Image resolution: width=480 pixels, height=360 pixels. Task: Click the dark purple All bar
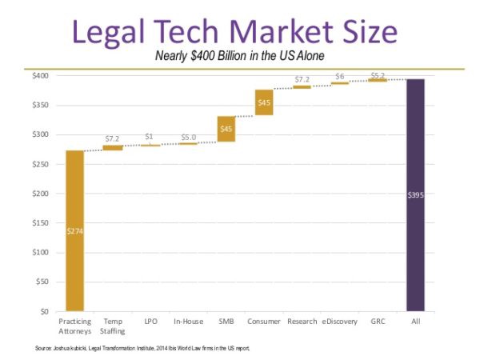pos(415,194)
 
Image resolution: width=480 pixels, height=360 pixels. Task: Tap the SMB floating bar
pos(226,129)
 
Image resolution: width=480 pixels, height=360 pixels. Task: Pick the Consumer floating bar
pos(264,102)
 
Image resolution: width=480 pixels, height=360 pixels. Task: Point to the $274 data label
pos(74,230)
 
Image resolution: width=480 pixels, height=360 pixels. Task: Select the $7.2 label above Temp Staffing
pos(112,138)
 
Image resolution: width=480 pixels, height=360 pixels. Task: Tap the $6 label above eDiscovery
pos(340,76)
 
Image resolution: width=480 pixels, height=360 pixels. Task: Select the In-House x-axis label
pos(188,322)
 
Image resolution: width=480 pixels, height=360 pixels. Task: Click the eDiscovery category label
pos(340,322)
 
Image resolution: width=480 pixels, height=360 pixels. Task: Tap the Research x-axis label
pos(302,322)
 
